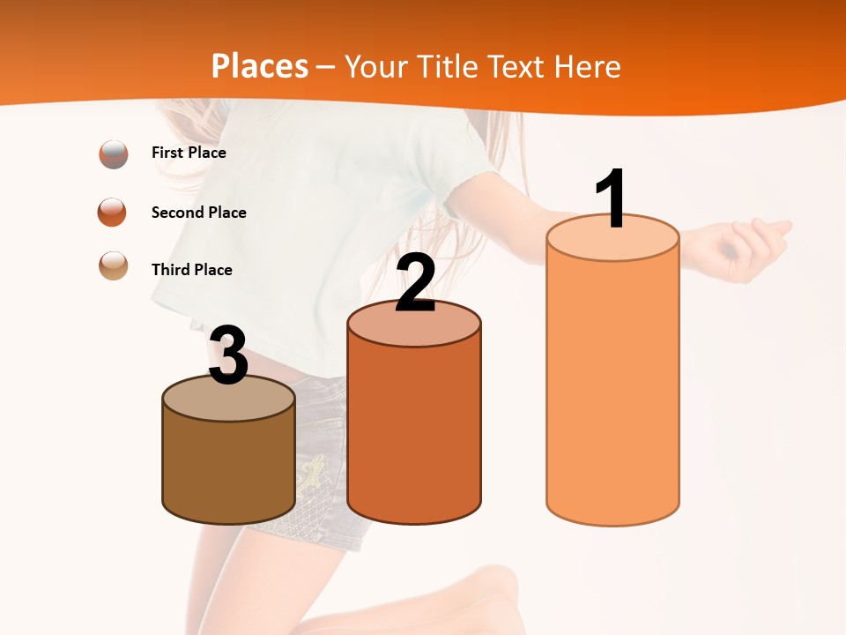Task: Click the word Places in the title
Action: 260,66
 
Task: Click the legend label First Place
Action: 189,153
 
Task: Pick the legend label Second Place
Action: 198,213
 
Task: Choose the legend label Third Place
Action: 191,270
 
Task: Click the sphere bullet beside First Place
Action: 114,154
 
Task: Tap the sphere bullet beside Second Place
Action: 113,213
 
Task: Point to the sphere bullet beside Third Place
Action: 114,265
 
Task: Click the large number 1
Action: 612,198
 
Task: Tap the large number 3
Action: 229,355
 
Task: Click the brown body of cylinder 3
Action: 229,467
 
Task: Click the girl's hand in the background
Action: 749,247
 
